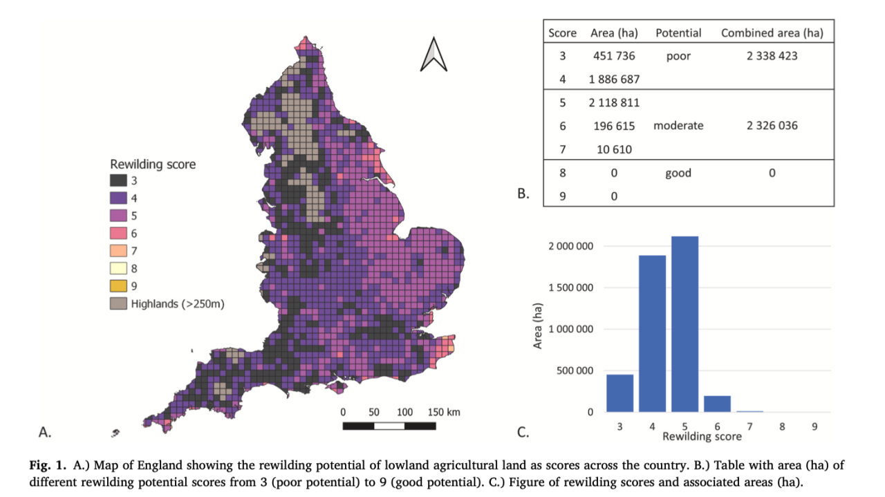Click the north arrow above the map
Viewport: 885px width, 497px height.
[434, 55]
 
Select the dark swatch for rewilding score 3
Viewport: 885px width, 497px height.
[118, 180]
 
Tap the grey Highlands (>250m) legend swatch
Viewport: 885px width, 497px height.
[118, 303]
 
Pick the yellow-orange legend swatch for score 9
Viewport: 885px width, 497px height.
[118, 285]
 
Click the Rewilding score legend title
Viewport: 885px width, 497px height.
[153, 164]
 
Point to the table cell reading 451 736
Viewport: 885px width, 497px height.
[614, 56]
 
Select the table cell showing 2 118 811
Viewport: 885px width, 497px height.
[614, 103]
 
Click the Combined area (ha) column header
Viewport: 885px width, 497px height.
[772, 32]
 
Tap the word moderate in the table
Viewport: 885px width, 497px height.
[678, 126]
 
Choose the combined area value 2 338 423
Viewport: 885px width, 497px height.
[772, 56]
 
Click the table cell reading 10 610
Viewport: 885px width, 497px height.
[614, 149]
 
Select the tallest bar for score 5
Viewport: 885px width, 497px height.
[684, 324]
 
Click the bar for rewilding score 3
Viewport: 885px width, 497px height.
[620, 393]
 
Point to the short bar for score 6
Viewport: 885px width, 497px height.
[717, 404]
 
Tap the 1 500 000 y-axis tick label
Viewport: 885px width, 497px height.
[570, 288]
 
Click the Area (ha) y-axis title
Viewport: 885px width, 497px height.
[537, 326]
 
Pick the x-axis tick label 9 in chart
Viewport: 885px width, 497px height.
[814, 426]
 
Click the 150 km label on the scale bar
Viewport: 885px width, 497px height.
[444, 412]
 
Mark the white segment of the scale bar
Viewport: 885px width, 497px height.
[389, 426]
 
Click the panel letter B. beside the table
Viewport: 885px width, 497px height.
[523, 193]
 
